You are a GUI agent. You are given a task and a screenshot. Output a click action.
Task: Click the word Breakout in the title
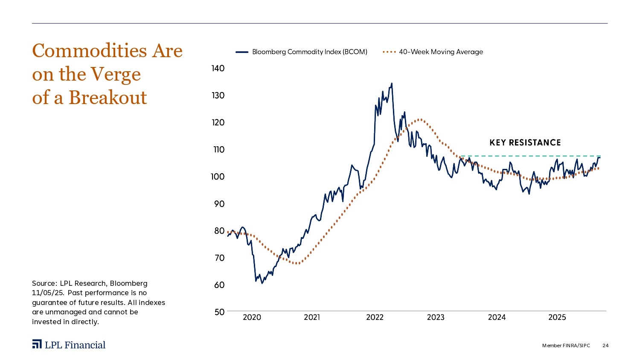pos(108,98)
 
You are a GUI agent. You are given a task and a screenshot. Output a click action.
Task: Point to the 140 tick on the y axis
pos(218,69)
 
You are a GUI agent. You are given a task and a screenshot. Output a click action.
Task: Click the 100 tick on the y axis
pos(218,177)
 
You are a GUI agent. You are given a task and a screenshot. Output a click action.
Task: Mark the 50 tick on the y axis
pos(219,312)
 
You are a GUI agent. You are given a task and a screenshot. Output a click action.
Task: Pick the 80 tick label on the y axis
pos(219,231)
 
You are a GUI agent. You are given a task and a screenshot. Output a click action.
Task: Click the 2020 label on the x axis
pos(252,317)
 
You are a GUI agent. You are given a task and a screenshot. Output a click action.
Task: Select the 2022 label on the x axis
pos(375,317)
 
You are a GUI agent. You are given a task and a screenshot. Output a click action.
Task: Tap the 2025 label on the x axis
pos(557,317)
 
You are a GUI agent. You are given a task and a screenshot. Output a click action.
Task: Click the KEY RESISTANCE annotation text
pos(525,143)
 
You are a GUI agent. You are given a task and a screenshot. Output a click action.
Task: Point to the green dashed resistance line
pos(529,156)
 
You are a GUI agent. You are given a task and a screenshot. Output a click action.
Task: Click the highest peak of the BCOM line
pos(392,84)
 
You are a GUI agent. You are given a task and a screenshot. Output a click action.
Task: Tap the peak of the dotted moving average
pos(420,119)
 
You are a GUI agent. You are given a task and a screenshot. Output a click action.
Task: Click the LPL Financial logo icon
pos(37,345)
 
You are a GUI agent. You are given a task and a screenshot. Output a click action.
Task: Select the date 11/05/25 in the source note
pos(47,293)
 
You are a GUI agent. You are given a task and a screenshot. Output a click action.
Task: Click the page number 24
pos(605,345)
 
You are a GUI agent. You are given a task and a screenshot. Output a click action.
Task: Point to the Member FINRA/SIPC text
pos(566,345)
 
